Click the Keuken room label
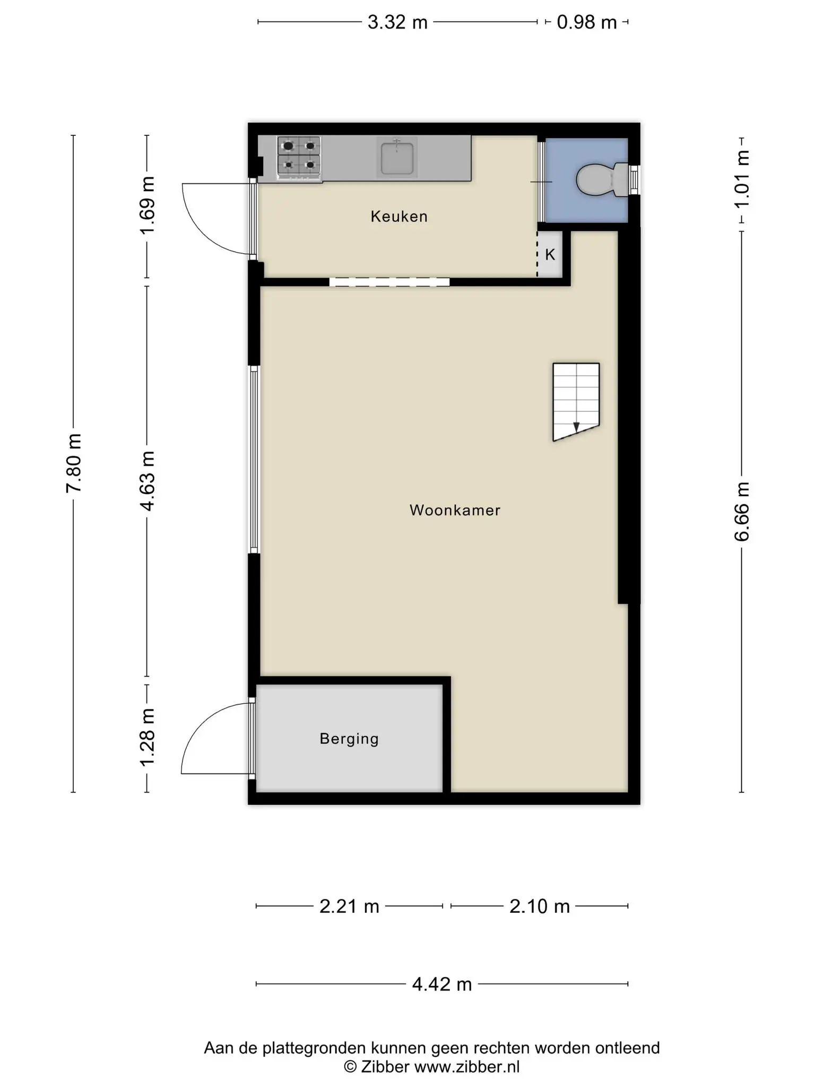399,217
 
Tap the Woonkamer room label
455,511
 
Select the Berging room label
349,739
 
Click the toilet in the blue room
603,179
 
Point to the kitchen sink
397,157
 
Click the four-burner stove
299,157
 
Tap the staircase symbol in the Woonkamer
576,402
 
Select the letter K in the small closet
550,255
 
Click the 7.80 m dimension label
74,463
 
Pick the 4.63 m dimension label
147,481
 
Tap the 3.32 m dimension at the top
397,22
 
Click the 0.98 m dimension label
587,22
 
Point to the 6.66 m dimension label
742,512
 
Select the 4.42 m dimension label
442,985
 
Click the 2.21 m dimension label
349,906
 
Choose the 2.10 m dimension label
540,906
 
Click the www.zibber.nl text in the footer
467,1067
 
